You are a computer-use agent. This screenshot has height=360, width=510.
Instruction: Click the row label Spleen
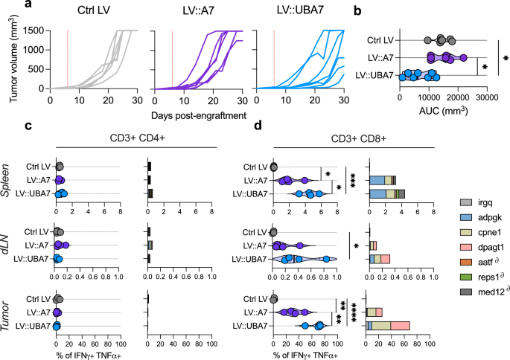(8, 179)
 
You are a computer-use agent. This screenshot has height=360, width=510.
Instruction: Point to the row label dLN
(8, 244)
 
